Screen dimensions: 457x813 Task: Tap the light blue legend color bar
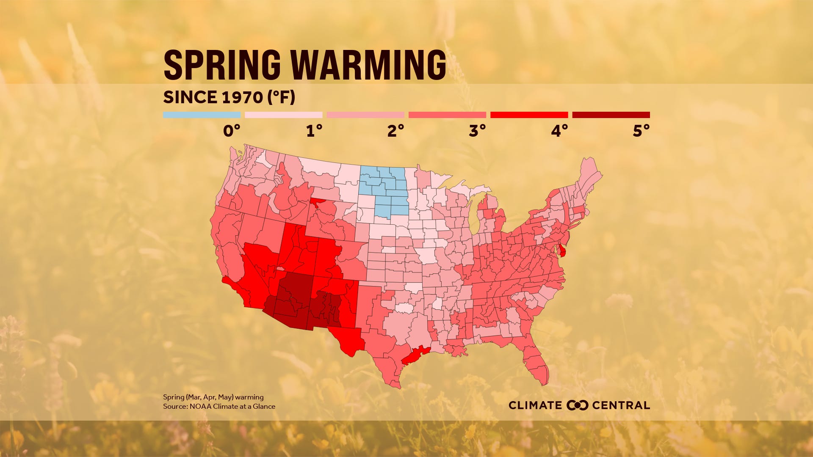pos(202,115)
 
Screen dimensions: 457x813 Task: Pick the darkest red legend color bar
pos(611,115)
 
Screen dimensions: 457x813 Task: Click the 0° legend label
pos(232,131)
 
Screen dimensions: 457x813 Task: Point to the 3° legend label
pos(477,131)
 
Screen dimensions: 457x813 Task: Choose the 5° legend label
pos(641,131)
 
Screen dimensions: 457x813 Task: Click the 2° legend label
pos(395,131)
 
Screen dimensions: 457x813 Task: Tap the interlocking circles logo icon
pos(578,405)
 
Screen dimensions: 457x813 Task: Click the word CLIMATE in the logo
pos(535,405)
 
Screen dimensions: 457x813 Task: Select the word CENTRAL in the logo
pos(621,405)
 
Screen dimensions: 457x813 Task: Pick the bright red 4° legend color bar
pos(529,115)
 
